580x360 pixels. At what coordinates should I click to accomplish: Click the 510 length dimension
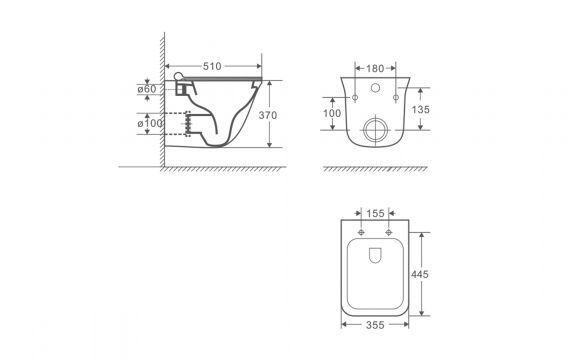[x=212, y=66]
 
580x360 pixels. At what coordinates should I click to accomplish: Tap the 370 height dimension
[x=267, y=115]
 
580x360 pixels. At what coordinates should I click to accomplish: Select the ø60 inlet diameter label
[x=147, y=89]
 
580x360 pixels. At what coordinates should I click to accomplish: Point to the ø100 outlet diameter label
[x=150, y=123]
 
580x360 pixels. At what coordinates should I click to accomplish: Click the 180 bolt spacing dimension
[x=375, y=68]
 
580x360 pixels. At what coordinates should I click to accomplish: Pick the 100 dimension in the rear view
[x=332, y=113]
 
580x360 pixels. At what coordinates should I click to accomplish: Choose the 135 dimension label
[x=421, y=110]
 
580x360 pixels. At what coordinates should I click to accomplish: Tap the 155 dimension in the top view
[x=375, y=213]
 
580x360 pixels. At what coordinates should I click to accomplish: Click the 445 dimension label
[x=420, y=274]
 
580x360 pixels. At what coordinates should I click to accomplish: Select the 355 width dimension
[x=375, y=325]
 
